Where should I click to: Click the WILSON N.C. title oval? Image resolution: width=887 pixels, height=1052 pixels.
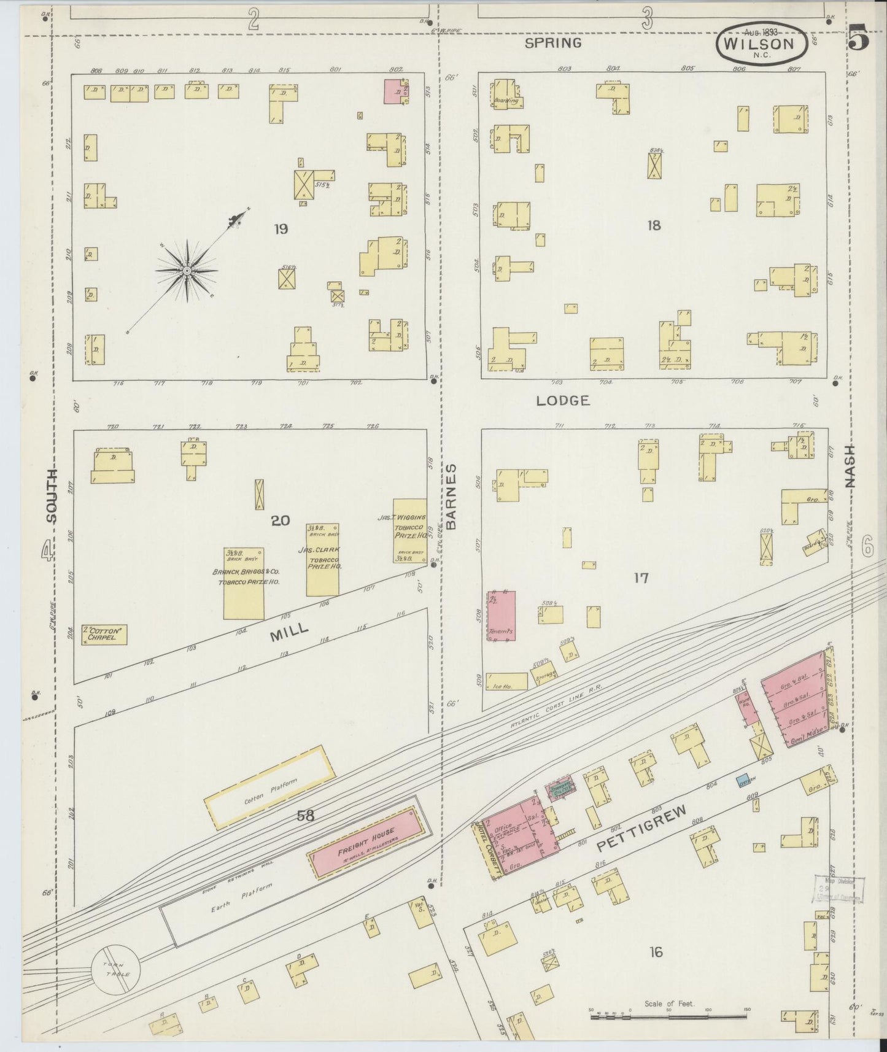pyautogui.click(x=760, y=43)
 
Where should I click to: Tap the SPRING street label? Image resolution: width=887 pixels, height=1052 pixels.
pyautogui.click(x=554, y=43)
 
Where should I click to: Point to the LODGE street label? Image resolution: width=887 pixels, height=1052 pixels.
pyautogui.click(x=563, y=401)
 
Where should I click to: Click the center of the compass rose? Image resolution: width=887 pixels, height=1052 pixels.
pyautogui.click(x=186, y=270)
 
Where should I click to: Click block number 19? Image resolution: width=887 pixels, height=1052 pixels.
pyautogui.click(x=281, y=229)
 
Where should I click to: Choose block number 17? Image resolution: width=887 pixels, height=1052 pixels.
pyautogui.click(x=641, y=578)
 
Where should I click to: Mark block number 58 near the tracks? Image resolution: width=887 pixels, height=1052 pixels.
pyautogui.click(x=305, y=816)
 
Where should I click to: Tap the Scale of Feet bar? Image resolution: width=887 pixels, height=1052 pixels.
pyautogui.click(x=669, y=1016)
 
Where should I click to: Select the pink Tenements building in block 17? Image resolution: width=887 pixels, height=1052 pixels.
pyautogui.click(x=502, y=616)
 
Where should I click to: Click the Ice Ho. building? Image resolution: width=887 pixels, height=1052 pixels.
pyautogui.click(x=506, y=681)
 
